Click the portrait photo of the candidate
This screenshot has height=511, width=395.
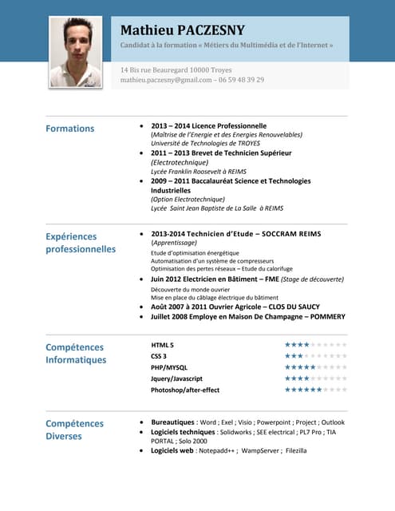(77, 52)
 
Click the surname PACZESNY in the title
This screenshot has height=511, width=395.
(206, 30)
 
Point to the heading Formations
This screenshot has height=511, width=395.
(69, 129)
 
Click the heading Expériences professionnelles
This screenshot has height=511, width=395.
(81, 243)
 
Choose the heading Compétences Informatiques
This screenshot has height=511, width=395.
(76, 354)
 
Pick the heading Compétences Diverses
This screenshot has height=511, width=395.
(74, 430)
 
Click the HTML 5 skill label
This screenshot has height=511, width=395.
(162, 344)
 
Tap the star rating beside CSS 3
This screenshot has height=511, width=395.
(315, 355)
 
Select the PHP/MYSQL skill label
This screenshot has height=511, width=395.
(168, 367)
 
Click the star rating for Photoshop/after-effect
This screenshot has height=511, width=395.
(315, 390)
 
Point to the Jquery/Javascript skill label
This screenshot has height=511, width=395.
(176, 378)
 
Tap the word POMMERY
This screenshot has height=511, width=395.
(322, 317)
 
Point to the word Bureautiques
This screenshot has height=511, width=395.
(173, 422)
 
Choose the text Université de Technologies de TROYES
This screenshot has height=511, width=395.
(205, 143)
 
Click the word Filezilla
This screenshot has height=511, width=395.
(296, 450)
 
